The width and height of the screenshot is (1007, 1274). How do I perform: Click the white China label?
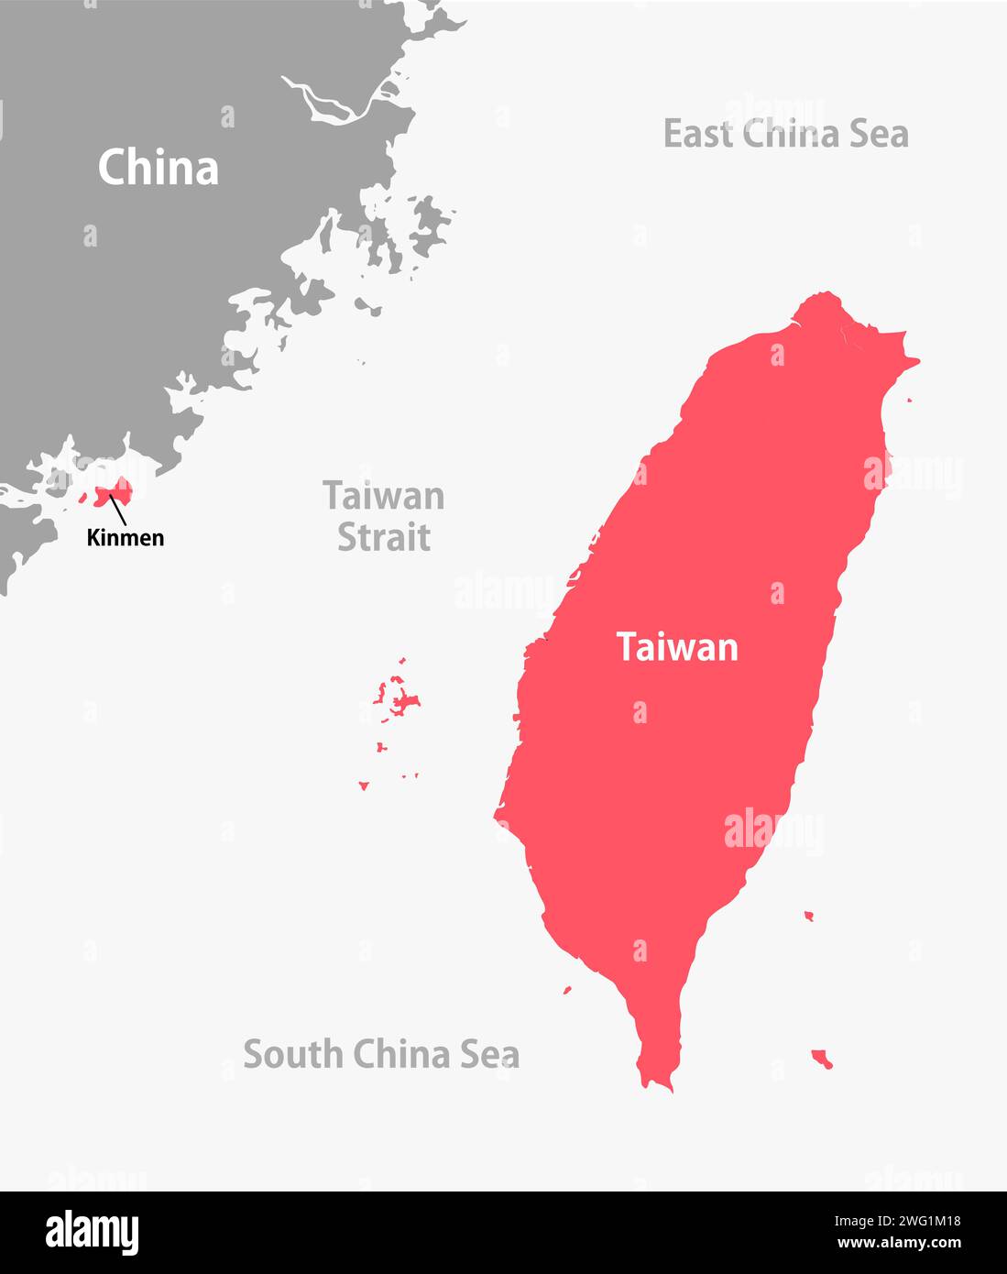click(x=159, y=168)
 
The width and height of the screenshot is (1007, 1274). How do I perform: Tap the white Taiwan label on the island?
click(x=677, y=647)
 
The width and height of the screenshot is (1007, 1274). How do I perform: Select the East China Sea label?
click(x=785, y=134)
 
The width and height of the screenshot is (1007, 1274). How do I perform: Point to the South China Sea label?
click(x=381, y=1054)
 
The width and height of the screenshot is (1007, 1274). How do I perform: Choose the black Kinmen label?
click(x=126, y=538)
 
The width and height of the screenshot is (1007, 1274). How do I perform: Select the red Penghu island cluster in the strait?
click(x=400, y=701)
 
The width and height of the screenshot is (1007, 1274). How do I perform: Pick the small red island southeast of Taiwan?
click(x=821, y=1060)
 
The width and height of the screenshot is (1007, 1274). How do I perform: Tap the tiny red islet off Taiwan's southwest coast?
click(x=567, y=990)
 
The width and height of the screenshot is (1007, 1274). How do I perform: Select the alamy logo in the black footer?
click(x=92, y=1233)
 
